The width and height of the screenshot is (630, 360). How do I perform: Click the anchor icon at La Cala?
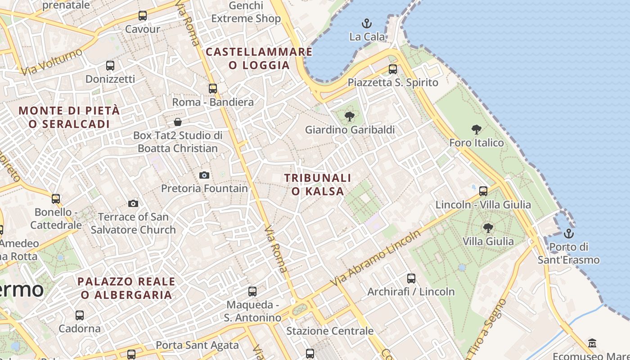click(x=367, y=23)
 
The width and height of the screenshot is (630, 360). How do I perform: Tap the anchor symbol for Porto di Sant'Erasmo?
click(x=569, y=234)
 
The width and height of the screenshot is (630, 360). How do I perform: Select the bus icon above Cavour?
click(x=143, y=16)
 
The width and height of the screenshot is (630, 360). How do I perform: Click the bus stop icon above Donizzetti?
click(x=110, y=66)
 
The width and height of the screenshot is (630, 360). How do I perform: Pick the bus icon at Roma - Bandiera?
click(x=213, y=89)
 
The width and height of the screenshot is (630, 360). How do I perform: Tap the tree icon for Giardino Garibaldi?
click(x=349, y=117)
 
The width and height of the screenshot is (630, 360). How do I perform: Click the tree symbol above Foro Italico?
click(x=477, y=130)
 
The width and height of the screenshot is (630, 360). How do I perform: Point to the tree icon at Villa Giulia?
click(x=488, y=228)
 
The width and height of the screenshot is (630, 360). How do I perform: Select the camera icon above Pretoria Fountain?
click(x=204, y=175)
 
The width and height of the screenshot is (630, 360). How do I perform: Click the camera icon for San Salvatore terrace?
click(x=133, y=203)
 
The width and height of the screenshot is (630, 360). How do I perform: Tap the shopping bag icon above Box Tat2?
click(x=178, y=122)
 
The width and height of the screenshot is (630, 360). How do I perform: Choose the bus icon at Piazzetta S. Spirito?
click(x=393, y=69)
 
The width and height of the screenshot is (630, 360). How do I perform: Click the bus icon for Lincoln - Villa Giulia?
click(x=483, y=191)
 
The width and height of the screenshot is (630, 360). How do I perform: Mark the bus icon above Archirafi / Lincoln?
click(x=411, y=279)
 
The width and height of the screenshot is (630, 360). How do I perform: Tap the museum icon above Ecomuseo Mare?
click(x=592, y=343)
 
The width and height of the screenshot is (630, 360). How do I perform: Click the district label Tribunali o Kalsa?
click(x=318, y=184)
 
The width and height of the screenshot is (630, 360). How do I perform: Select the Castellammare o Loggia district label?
click(x=259, y=58)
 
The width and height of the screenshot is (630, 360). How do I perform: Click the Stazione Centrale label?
click(x=330, y=331)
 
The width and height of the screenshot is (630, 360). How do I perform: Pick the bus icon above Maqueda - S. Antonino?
click(x=252, y=292)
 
